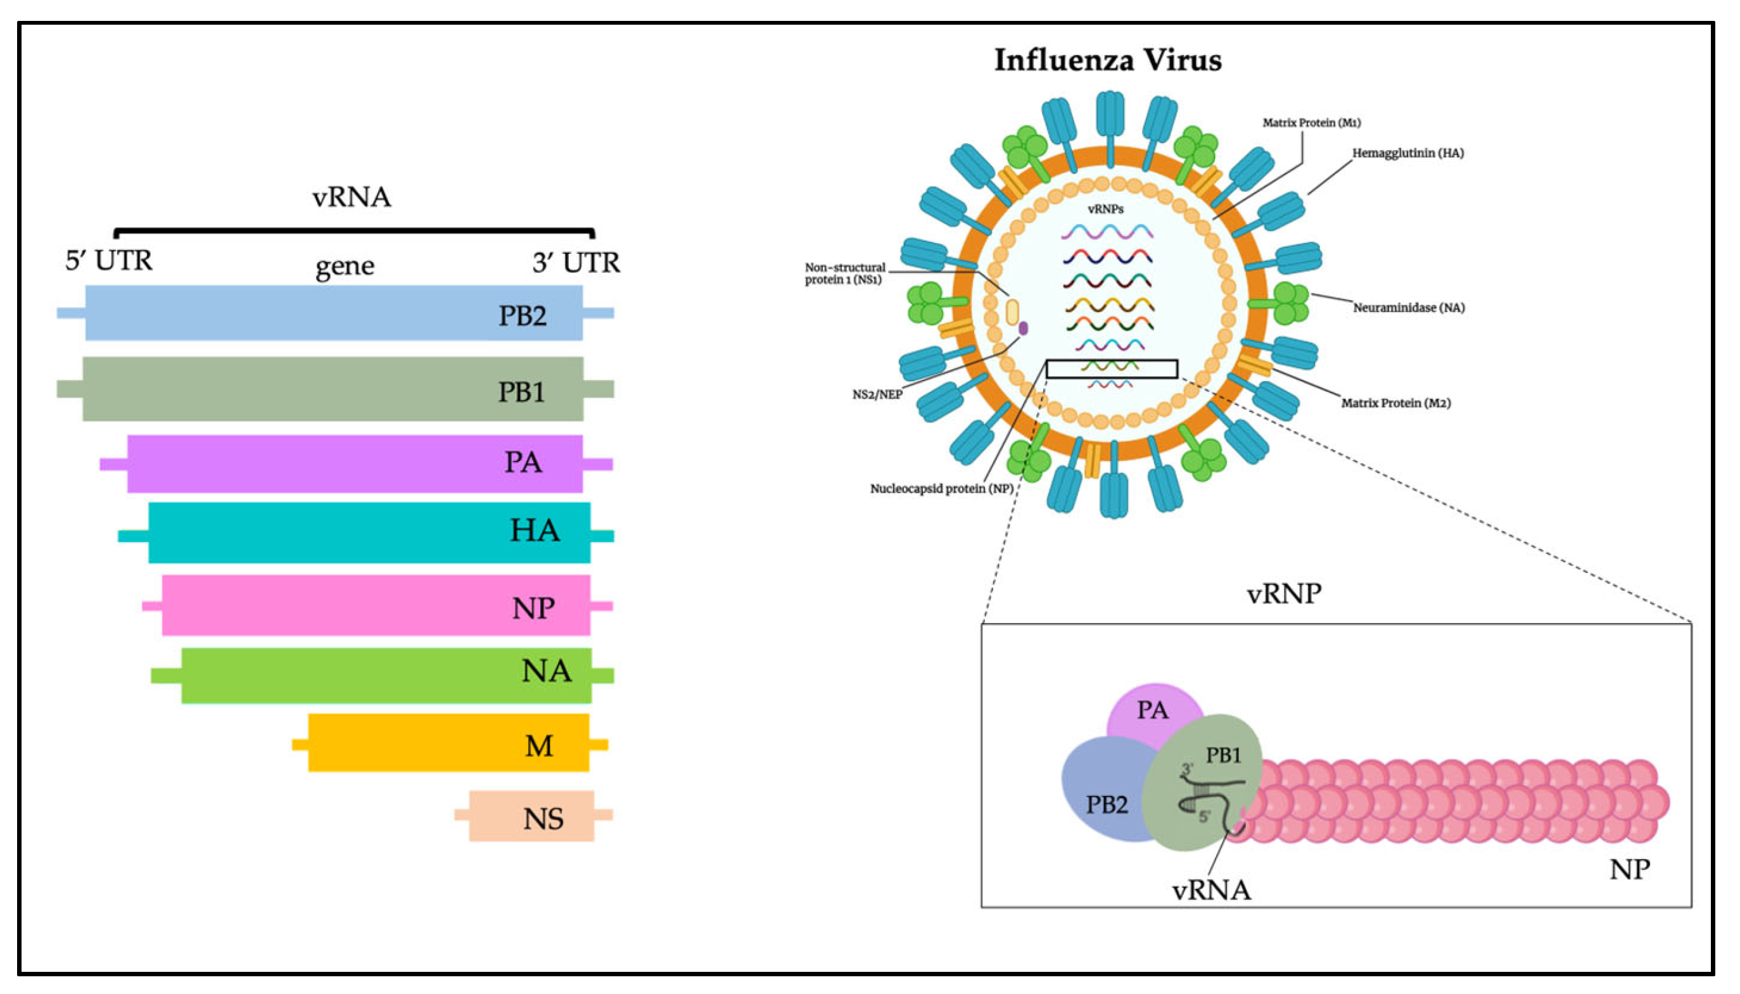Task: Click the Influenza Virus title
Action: (1108, 60)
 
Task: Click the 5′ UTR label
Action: (108, 261)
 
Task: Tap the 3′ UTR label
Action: (576, 263)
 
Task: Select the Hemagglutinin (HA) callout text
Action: (1407, 153)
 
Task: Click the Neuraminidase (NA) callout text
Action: (1408, 308)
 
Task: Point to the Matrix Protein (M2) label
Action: (1395, 403)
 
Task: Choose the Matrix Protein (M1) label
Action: (1311, 123)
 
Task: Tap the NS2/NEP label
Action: (877, 394)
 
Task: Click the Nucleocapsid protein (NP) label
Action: (941, 489)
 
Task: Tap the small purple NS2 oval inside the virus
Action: (1023, 329)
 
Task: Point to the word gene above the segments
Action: (345, 265)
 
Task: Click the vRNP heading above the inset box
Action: (1283, 593)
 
